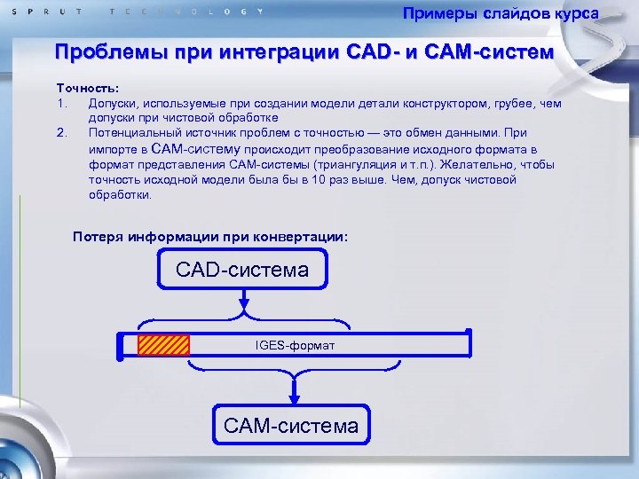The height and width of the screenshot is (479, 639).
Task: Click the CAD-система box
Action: (x=242, y=270)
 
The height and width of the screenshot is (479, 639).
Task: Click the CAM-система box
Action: (x=291, y=426)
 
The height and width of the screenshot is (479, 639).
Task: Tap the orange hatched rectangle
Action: (x=163, y=344)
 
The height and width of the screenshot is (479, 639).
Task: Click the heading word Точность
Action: (x=86, y=90)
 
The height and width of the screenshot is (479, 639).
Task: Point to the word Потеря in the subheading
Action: (x=98, y=237)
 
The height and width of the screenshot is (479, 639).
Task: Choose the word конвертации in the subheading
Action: (x=302, y=237)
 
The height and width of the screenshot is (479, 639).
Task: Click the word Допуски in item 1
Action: (x=112, y=104)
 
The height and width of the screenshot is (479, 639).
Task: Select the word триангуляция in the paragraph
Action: (x=347, y=165)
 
